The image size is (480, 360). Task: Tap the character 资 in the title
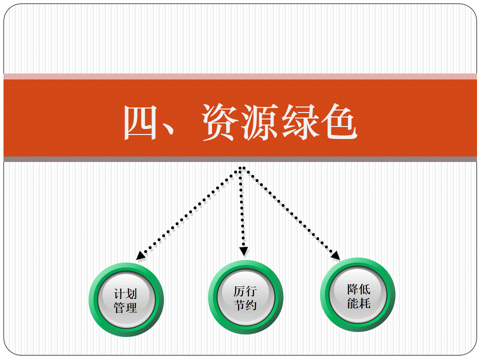(220, 122)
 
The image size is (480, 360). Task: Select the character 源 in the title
(259, 122)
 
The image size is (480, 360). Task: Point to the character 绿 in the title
(299, 122)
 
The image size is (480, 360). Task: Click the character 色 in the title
(339, 122)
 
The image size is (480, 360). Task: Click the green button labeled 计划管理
(126, 299)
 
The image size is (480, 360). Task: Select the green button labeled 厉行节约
(245, 297)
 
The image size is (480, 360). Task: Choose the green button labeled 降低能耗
(357, 294)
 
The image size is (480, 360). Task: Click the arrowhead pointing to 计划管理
(141, 255)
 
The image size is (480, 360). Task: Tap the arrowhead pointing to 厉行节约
(243, 251)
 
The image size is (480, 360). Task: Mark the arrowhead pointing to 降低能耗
(335, 255)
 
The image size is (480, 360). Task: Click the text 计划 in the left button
(125, 294)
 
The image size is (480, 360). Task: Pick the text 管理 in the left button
(125, 307)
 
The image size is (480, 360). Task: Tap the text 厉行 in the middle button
(245, 291)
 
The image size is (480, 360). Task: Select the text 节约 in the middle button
(245, 305)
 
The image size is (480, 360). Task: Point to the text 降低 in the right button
(359, 289)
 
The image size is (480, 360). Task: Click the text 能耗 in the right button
(359, 303)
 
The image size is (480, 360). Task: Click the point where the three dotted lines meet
(242, 168)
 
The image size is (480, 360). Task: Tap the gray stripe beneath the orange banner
(240, 159)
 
